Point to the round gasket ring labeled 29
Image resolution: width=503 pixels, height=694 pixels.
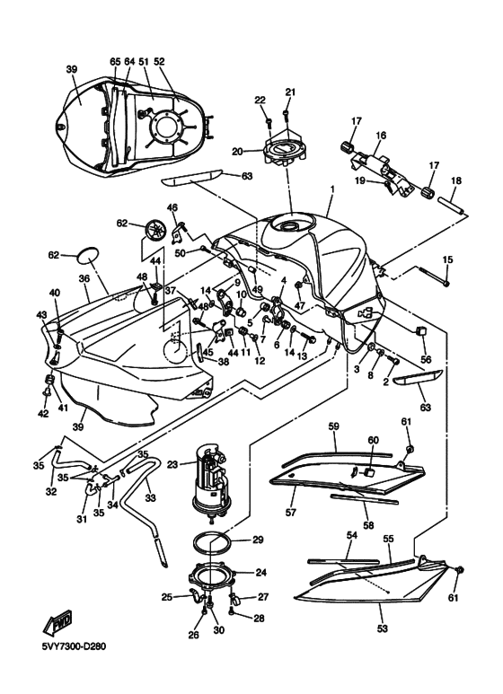pyautogui.click(x=216, y=541)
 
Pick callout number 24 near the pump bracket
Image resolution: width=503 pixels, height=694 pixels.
pyautogui.click(x=260, y=571)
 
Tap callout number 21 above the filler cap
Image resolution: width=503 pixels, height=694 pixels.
pyautogui.click(x=289, y=92)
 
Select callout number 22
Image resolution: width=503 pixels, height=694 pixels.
pyautogui.click(x=260, y=100)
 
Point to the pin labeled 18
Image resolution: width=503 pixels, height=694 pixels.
pyautogui.click(x=454, y=208)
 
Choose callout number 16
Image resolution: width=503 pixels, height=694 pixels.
pyautogui.click(x=380, y=136)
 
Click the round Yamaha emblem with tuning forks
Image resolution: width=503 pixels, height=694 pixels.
pyautogui.click(x=157, y=231)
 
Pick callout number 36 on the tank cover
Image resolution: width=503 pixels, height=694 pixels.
pyautogui.click(x=84, y=279)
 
